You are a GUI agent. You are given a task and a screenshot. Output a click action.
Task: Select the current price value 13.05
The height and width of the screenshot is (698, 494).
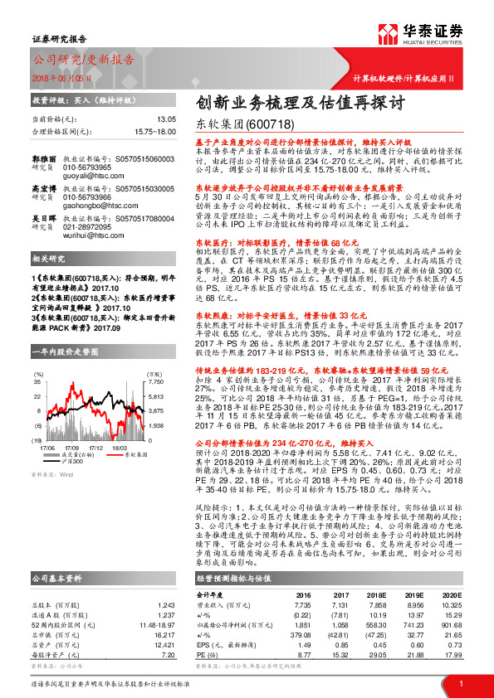pyautogui.click(x=166, y=119)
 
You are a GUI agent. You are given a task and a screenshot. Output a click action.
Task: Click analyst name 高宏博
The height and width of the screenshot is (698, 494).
pyautogui.click(x=44, y=189)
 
